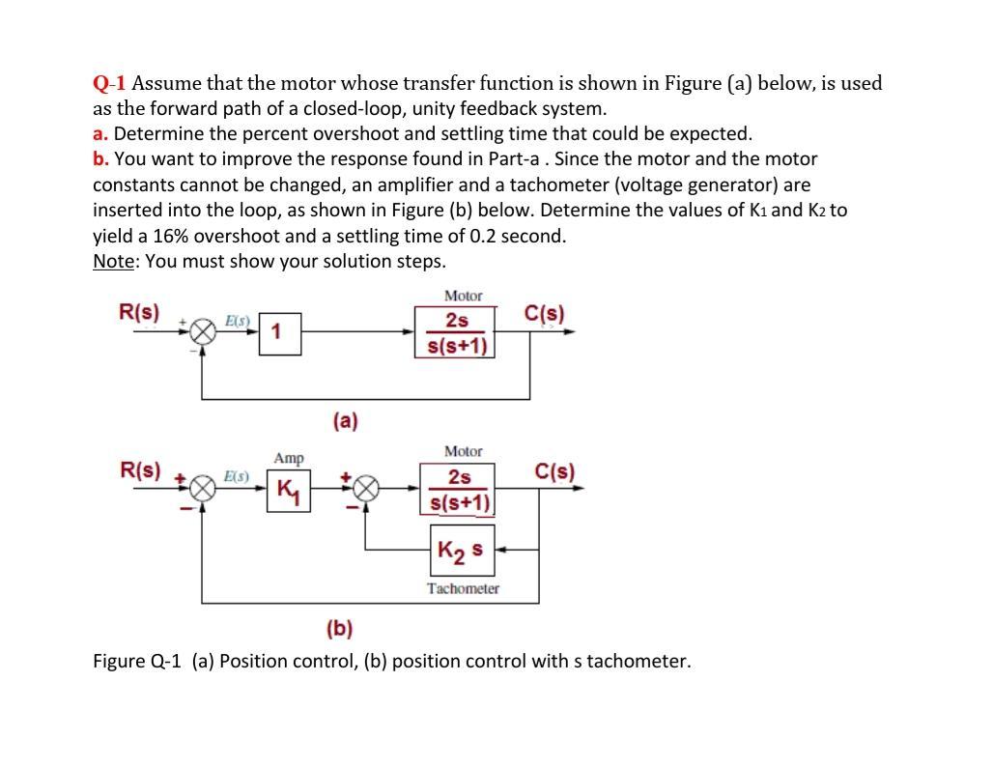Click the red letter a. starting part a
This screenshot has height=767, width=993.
(x=100, y=133)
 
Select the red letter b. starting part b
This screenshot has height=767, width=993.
(x=100, y=158)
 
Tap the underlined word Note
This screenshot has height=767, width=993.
(x=113, y=261)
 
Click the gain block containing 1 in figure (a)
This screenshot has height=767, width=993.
(x=279, y=333)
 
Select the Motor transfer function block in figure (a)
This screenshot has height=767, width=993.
(x=455, y=332)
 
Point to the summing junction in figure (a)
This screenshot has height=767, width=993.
(x=202, y=333)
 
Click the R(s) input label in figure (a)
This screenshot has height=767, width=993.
(x=139, y=312)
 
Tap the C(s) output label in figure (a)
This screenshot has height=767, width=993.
(x=544, y=313)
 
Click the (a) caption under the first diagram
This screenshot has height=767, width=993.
(x=345, y=420)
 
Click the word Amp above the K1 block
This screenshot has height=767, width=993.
(x=289, y=458)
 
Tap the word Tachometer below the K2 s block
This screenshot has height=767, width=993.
(x=464, y=588)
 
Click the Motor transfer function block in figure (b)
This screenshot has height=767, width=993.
(x=459, y=490)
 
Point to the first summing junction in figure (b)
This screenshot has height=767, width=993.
(x=202, y=490)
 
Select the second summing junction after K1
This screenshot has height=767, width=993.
(x=365, y=490)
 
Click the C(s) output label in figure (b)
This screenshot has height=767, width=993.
(x=554, y=472)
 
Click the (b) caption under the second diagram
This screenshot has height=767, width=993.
(x=339, y=630)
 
